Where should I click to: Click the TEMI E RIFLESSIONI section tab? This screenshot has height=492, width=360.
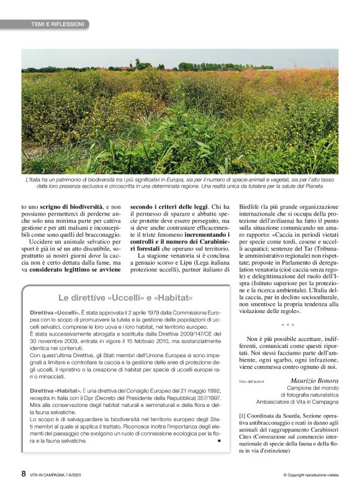coord(57,24)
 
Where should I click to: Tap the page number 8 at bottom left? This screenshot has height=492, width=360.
coord(24,473)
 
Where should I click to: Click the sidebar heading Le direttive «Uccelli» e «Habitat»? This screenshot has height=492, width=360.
coord(127,298)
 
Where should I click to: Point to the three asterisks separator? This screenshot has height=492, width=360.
coord(288,325)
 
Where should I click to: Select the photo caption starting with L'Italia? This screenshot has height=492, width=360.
coord(180,182)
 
